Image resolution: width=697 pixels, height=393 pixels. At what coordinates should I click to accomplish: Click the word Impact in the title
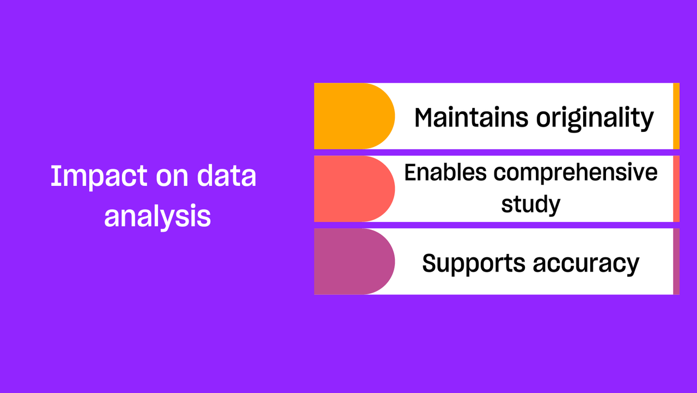pos(99,177)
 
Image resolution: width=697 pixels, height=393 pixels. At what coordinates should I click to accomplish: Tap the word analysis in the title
pos(157,217)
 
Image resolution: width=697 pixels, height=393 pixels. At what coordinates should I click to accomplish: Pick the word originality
pos(595,119)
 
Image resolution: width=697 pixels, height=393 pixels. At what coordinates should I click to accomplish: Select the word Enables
pos(445,172)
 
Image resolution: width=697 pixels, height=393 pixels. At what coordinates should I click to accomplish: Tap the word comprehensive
pos(576,174)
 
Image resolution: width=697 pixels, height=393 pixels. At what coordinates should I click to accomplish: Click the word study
pos(530,205)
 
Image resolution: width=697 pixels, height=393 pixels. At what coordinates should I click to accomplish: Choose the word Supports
pos(474,264)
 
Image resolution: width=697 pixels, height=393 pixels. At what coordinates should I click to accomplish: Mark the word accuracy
pos(586,265)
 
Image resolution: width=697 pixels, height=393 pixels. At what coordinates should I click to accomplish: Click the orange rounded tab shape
pos(354,116)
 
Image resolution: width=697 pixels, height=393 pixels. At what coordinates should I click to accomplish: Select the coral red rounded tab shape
pos(354,189)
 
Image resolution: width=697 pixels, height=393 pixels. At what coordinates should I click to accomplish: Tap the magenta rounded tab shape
pos(354,262)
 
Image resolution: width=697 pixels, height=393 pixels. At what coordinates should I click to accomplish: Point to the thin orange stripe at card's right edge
pos(676,116)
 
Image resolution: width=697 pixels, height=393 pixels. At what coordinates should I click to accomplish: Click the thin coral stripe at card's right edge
pos(676,189)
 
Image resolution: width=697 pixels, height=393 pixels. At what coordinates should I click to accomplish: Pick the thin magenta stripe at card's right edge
pos(676,262)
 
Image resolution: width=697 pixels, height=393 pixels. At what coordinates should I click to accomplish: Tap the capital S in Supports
pos(430,263)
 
